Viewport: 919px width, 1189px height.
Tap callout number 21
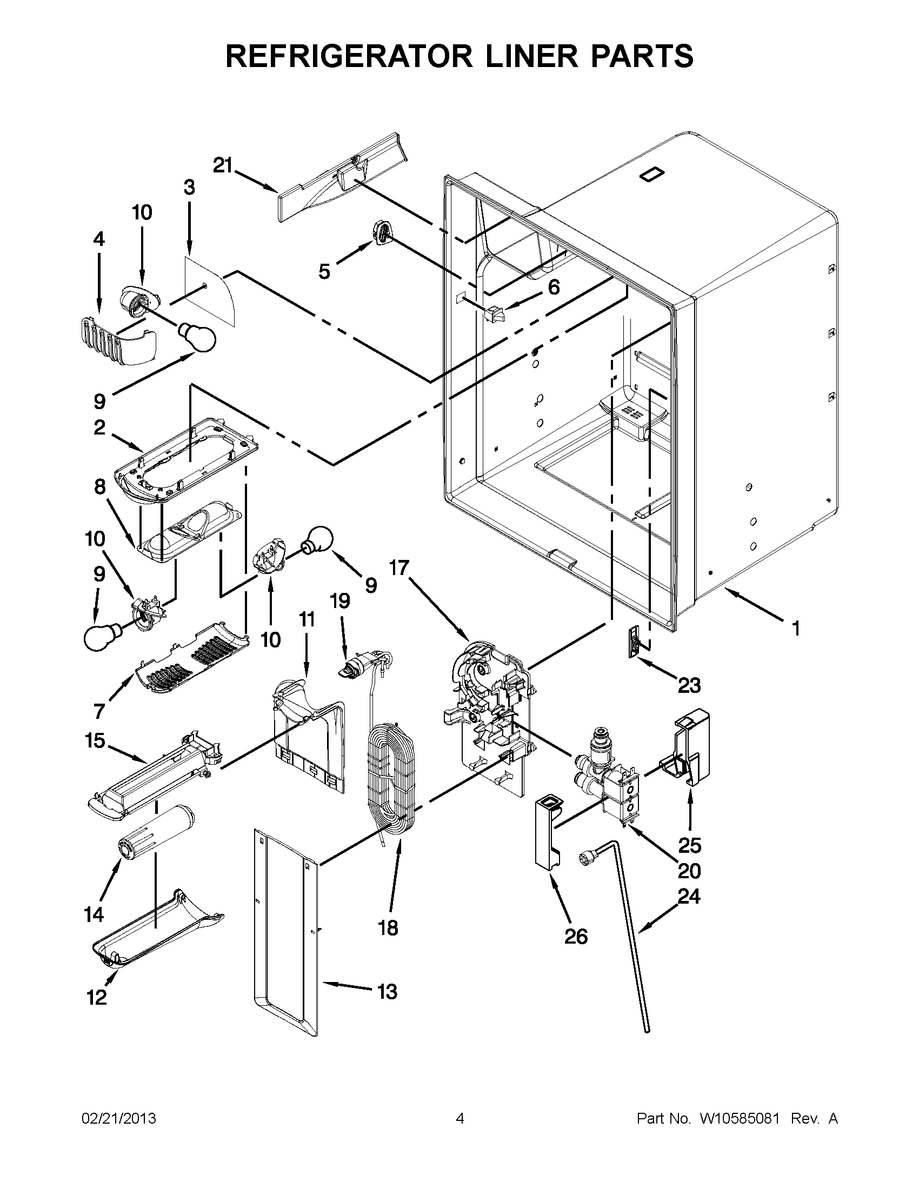click(x=222, y=165)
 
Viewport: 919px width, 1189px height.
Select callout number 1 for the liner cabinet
click(x=795, y=628)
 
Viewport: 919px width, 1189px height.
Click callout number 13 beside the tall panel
click(x=387, y=991)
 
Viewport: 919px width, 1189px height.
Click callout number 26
click(x=576, y=937)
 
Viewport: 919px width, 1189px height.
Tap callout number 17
click(x=399, y=568)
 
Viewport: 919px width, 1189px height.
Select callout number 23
click(x=689, y=685)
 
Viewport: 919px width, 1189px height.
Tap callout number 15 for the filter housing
click(x=95, y=740)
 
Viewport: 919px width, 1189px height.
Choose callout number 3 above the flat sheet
click(x=188, y=188)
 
